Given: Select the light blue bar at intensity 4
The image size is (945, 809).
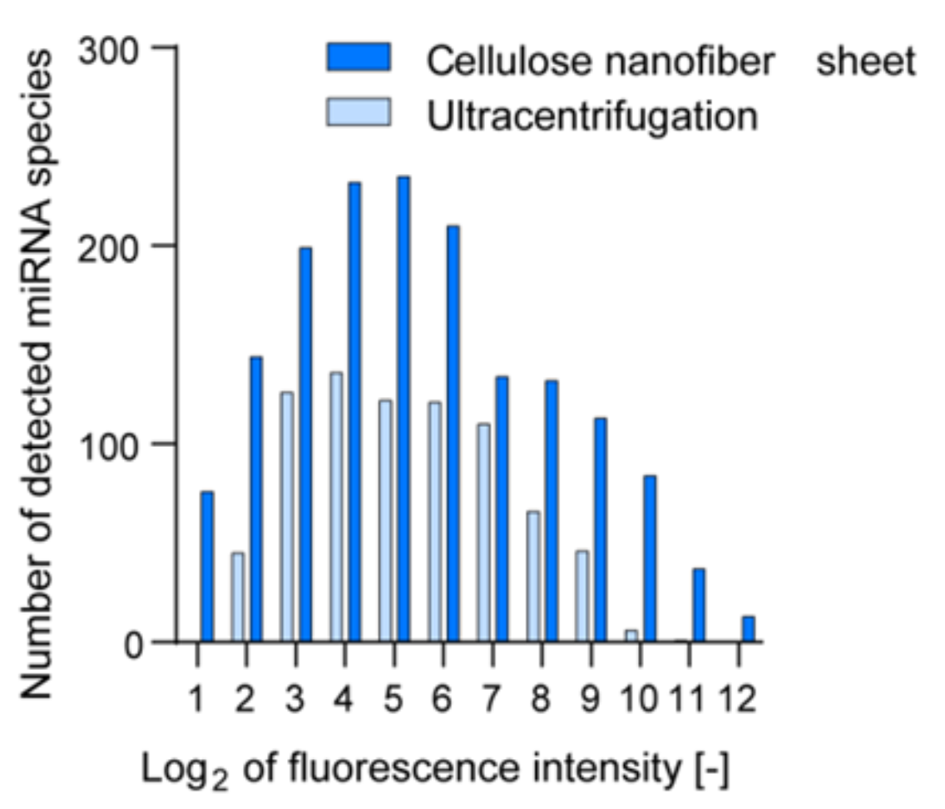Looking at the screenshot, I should [x=336, y=507].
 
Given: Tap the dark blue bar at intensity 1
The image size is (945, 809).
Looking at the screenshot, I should [x=207, y=567].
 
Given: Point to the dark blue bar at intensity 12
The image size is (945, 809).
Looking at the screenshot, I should [x=749, y=629].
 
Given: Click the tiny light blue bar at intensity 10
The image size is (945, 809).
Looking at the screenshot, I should [x=631, y=636].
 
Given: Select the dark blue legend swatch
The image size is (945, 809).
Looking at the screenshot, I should [x=359, y=59].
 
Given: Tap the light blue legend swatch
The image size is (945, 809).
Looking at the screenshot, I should [x=359, y=112].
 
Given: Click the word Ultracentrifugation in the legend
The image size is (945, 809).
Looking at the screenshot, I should [x=591, y=116].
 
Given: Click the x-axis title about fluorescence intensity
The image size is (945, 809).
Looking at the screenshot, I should [x=436, y=771].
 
